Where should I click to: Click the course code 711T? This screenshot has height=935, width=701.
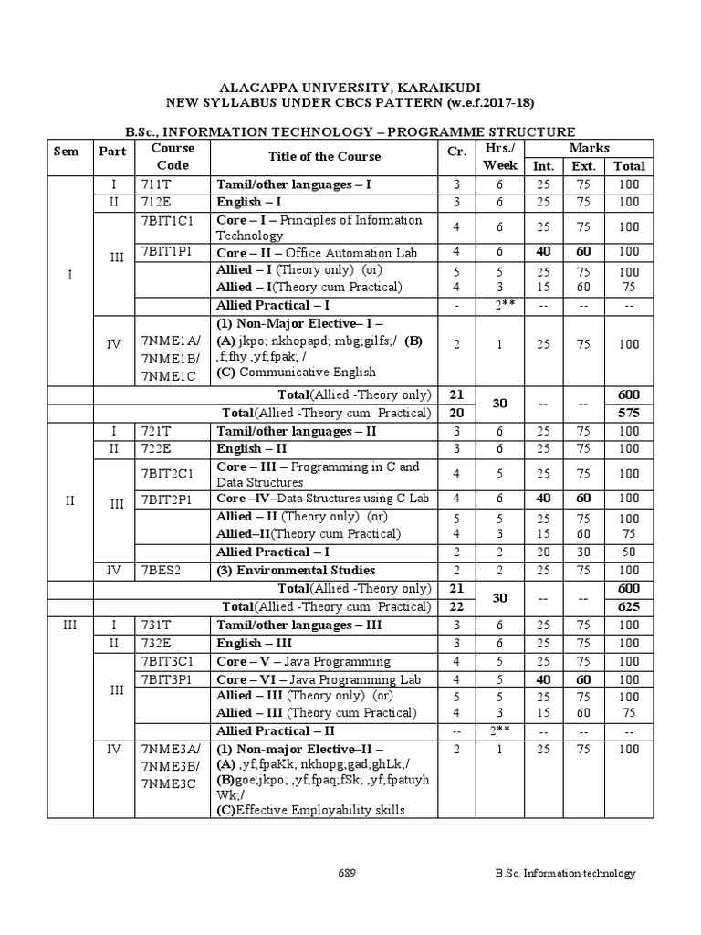click(x=156, y=184)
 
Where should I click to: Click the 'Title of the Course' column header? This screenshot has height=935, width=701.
click(x=324, y=156)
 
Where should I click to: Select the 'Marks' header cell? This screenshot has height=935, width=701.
click(x=589, y=148)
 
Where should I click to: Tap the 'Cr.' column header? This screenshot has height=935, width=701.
click(x=457, y=156)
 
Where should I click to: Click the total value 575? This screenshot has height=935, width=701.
click(x=630, y=413)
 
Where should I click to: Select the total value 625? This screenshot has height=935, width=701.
click(x=630, y=606)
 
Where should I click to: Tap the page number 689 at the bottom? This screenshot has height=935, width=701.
click(x=346, y=873)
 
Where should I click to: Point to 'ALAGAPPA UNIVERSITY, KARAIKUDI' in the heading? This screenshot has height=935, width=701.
click(x=350, y=88)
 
